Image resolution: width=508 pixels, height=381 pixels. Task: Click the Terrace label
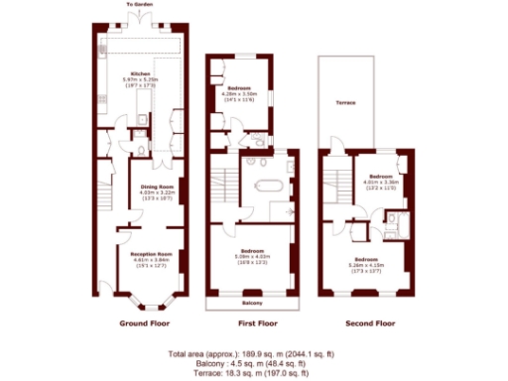pos(345,103)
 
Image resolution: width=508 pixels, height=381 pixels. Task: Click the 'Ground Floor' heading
pos(145,324)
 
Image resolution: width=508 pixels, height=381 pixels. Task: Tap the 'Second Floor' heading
pos(369,324)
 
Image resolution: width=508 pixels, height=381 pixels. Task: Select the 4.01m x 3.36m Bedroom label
pos(380,177)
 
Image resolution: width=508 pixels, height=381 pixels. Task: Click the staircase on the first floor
pos(226,185)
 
